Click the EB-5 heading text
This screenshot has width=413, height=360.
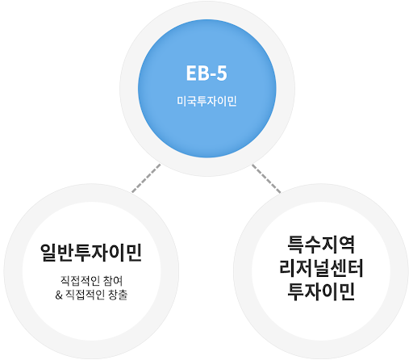tap(206, 73)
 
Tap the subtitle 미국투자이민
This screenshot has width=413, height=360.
tap(206, 102)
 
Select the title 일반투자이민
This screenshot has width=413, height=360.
tap(91, 253)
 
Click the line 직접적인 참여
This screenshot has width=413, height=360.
tap(91, 281)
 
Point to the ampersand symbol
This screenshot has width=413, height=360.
tap(59, 295)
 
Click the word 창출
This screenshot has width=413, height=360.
tap(118, 295)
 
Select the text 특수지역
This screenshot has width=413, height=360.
tap(321, 245)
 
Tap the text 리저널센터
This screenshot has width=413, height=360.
tap(321, 268)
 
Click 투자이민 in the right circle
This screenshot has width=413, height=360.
tap(321, 291)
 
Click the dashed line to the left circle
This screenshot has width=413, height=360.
tap(146, 178)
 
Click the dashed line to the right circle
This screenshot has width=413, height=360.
tap(266, 178)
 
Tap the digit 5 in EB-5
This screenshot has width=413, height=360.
tap(222, 73)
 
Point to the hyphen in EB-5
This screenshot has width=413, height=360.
tap(212, 75)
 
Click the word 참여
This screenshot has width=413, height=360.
tap(113, 281)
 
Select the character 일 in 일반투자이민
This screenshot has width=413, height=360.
tap(48, 253)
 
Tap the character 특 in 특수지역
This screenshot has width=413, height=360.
tap(295, 245)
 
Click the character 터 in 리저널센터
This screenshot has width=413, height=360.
tap(355, 268)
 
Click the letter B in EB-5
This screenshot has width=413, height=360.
tap(202, 73)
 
